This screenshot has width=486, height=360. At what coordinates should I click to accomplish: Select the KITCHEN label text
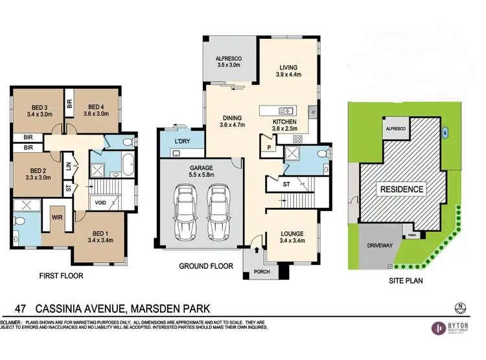(284, 122)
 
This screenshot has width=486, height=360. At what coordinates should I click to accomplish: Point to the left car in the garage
(187, 210)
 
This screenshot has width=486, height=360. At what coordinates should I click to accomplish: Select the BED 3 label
(40, 107)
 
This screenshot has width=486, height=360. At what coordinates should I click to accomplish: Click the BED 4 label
(97, 107)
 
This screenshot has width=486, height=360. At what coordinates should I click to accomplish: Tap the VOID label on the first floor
(100, 202)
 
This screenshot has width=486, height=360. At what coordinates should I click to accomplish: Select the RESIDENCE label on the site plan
(402, 190)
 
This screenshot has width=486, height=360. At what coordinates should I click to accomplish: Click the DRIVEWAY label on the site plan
(377, 246)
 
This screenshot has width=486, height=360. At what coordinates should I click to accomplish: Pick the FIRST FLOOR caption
(62, 275)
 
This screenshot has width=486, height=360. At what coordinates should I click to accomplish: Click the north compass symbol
(460, 306)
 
